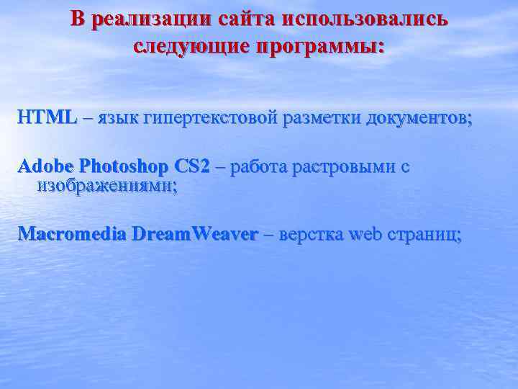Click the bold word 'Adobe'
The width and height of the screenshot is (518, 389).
point(45,166)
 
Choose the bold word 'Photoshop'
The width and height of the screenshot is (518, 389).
point(123,167)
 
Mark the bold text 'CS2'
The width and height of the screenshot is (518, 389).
point(192,166)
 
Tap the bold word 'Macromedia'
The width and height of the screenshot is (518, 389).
point(72,234)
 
